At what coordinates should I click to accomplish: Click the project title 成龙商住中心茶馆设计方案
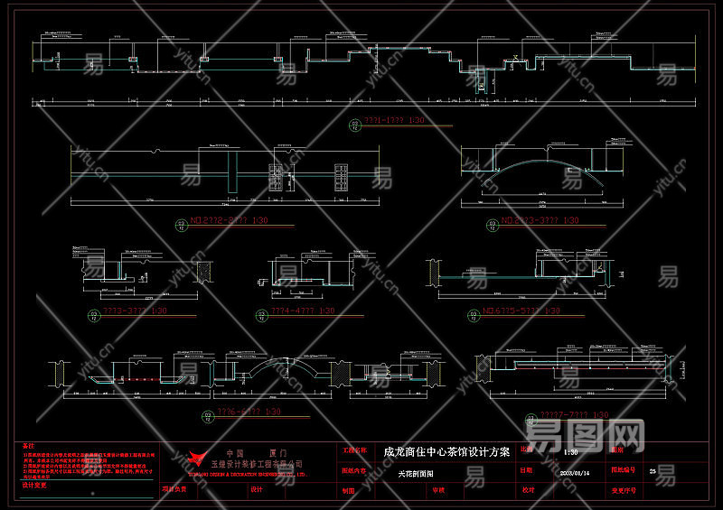446,451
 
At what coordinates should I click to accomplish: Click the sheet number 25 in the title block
653,471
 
